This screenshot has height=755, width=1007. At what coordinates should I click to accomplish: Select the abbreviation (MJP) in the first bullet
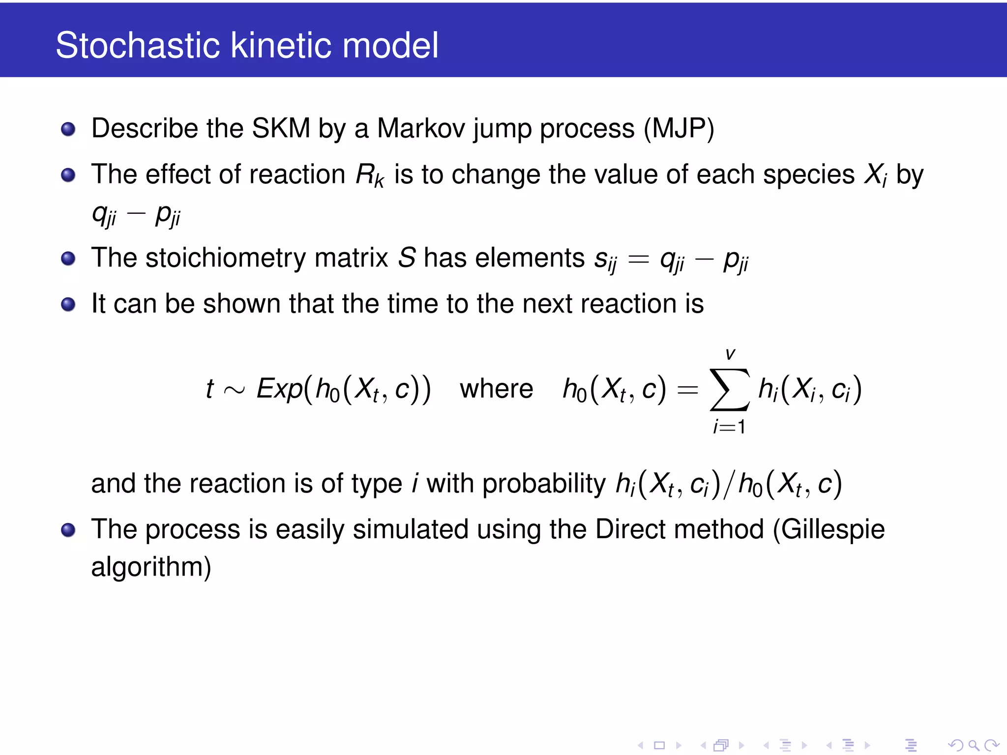(x=679, y=129)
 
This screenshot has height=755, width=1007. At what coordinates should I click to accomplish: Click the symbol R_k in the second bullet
(x=369, y=175)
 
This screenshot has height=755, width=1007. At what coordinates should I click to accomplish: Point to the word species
(x=808, y=175)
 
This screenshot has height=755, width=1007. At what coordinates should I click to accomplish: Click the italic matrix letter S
(x=407, y=258)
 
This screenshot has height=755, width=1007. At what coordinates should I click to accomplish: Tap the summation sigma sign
(x=730, y=389)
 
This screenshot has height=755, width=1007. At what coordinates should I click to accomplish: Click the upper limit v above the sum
(x=730, y=354)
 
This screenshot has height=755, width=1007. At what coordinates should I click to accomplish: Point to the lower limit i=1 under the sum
(x=730, y=426)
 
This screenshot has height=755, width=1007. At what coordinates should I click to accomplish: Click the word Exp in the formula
(x=279, y=389)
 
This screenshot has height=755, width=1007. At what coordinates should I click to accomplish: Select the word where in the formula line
(x=496, y=389)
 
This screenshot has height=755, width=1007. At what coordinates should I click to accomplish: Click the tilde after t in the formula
(x=234, y=391)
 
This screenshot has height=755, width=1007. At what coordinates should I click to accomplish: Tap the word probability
(x=544, y=484)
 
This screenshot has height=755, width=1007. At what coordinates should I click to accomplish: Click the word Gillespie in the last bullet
(x=833, y=530)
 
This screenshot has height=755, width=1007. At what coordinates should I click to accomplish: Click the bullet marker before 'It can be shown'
(x=68, y=305)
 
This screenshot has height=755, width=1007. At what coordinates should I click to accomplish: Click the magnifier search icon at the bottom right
(x=974, y=745)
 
